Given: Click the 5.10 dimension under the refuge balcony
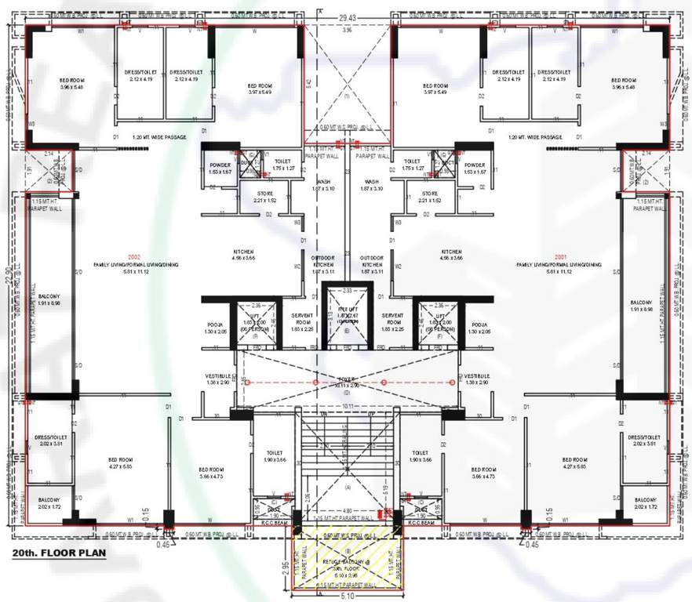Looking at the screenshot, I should (347, 596).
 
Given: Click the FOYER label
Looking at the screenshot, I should (347, 378).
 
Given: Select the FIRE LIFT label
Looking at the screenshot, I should (347, 311).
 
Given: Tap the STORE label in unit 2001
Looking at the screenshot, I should (429, 196).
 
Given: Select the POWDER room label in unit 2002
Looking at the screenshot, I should (220, 167).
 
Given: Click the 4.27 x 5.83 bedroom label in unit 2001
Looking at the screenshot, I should (575, 462).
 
